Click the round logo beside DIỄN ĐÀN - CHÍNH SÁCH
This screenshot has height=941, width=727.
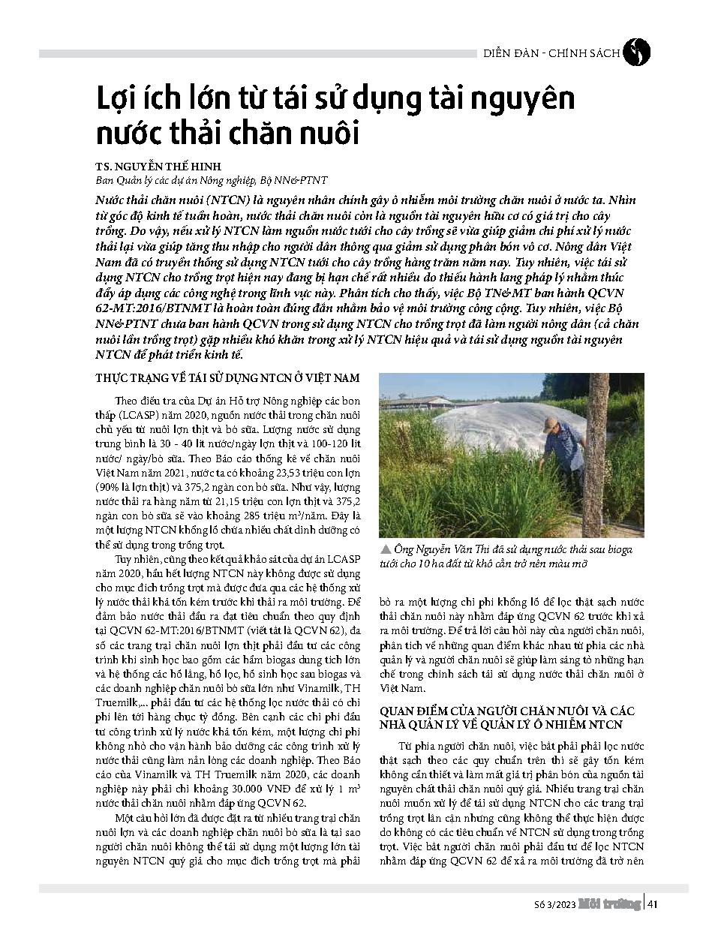pyautogui.click(x=637, y=53)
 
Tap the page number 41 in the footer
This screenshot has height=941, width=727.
pyautogui.click(x=653, y=903)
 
